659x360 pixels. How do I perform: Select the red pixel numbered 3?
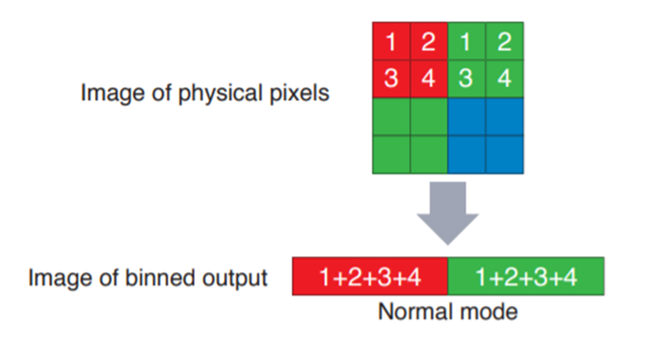click(x=391, y=79)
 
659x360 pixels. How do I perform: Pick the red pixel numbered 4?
click(x=429, y=79)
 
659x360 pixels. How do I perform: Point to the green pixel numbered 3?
click(x=466, y=79)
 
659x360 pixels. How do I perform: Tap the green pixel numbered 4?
click(x=503, y=79)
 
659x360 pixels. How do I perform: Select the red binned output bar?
click(x=370, y=278)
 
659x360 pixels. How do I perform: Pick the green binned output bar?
click(x=525, y=278)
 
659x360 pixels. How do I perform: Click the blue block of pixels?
click(x=484, y=134)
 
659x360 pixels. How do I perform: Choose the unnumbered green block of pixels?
click(x=409, y=134)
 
